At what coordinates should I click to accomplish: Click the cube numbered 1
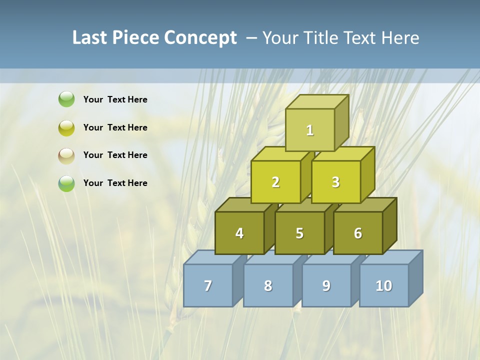click(310, 130)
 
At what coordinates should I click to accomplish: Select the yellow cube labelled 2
click(275, 182)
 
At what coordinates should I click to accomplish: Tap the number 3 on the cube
click(335, 182)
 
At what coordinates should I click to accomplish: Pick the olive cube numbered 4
click(239, 233)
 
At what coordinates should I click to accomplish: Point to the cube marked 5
click(299, 233)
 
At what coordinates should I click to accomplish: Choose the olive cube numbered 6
click(358, 233)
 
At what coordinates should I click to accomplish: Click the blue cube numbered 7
click(208, 285)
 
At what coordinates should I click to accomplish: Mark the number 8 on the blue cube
click(268, 285)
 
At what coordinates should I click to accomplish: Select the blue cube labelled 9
click(326, 285)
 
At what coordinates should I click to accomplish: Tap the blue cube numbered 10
click(383, 285)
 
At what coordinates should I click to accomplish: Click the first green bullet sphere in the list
click(66, 99)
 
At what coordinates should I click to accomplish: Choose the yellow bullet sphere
click(66, 127)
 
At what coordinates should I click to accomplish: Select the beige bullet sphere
click(66, 155)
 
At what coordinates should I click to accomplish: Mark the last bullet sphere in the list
click(66, 183)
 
